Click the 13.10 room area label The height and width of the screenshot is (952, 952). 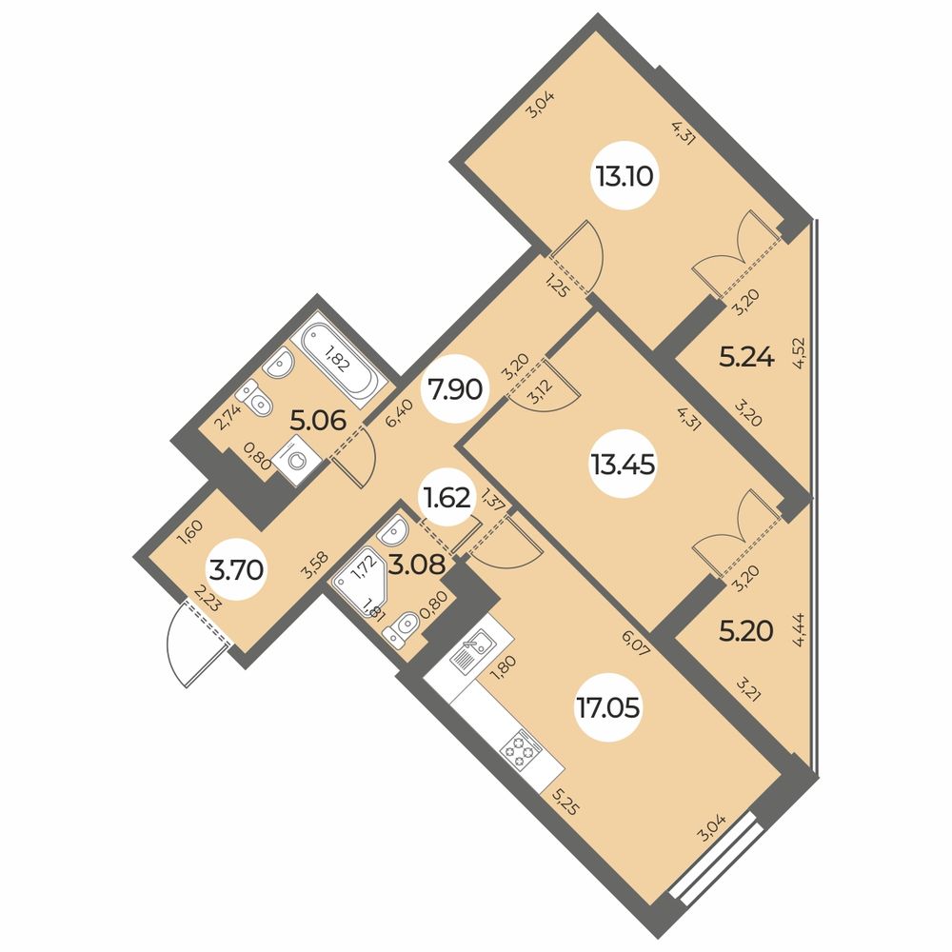[625, 177]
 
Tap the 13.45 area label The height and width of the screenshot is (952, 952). [623, 466]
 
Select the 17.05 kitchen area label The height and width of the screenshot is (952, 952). [608, 708]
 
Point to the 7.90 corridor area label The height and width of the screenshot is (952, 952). [455, 389]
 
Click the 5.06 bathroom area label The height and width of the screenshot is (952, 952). [318, 420]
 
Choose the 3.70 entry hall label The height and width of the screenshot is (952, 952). [236, 570]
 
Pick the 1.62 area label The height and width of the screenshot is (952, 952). [446, 499]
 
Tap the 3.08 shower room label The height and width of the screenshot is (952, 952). [417, 565]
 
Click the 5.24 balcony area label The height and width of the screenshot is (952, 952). [746, 358]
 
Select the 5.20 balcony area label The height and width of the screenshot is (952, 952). [746, 632]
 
